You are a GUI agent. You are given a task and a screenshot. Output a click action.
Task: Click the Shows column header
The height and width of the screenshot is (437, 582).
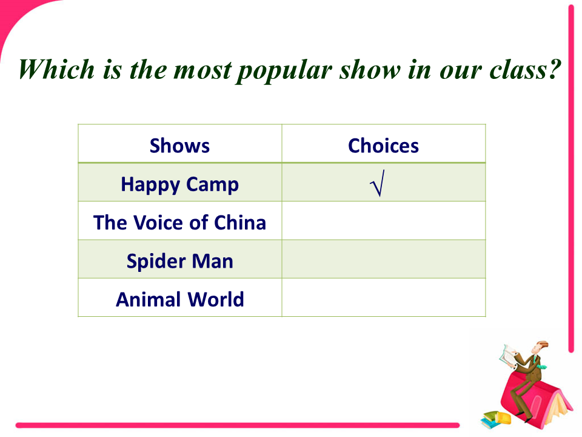(x=179, y=146)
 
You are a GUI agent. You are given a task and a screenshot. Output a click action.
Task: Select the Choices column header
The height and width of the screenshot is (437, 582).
(x=383, y=146)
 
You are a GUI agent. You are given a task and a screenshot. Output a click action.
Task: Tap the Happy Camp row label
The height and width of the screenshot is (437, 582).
(x=179, y=185)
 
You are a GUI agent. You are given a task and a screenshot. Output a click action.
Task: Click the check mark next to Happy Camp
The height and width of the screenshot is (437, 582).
(x=378, y=183)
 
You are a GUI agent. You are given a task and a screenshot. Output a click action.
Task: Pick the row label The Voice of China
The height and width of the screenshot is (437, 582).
(x=179, y=223)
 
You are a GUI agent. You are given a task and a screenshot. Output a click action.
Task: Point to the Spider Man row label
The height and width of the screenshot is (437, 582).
(x=179, y=261)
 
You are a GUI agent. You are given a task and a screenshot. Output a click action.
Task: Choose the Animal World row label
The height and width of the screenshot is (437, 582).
(x=179, y=299)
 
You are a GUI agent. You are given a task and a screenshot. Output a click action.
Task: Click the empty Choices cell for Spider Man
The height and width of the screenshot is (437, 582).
(x=383, y=259)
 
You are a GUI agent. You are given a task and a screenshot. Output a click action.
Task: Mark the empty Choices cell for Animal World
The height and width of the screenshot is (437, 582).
(x=383, y=297)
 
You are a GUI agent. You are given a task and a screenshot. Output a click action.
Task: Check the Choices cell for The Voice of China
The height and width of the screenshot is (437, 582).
(x=383, y=221)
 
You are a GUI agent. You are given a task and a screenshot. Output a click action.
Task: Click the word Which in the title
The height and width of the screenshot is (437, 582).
(x=56, y=69)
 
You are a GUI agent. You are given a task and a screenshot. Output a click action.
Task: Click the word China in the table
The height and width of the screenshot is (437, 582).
(x=240, y=223)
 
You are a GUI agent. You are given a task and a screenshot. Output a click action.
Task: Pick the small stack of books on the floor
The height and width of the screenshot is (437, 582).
(x=496, y=418)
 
